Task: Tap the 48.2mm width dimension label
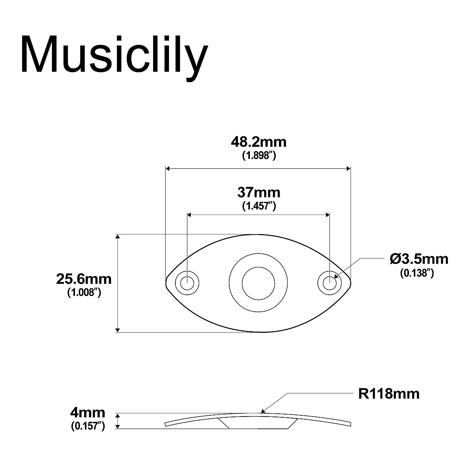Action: click(x=259, y=142)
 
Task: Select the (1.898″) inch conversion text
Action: click(x=259, y=156)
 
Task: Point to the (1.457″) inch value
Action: click(x=259, y=206)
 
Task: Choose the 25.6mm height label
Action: click(x=84, y=279)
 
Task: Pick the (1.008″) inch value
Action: click(x=84, y=293)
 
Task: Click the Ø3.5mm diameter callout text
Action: click(x=419, y=259)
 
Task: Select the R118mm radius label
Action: click(x=389, y=394)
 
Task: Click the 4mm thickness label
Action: click(x=88, y=413)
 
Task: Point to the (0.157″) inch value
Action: click(x=88, y=426)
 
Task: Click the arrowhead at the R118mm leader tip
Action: click(x=263, y=411)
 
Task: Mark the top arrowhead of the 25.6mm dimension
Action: click(x=117, y=237)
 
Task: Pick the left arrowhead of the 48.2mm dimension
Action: click(x=168, y=169)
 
